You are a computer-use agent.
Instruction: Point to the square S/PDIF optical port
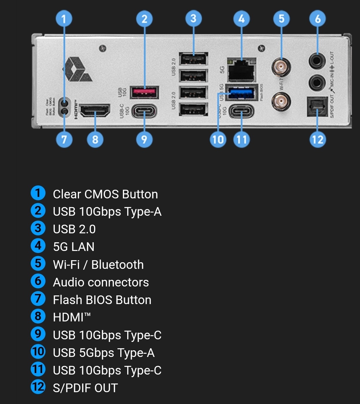point(317,107)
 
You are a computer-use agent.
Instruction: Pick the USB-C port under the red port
point(144,111)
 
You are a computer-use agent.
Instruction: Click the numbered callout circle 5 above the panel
point(281,19)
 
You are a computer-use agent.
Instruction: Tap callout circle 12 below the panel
point(318,139)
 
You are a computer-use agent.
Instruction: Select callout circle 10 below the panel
point(218,139)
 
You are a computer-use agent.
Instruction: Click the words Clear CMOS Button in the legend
point(105,194)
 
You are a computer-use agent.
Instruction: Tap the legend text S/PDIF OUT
point(85,388)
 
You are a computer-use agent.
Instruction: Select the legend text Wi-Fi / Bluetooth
point(98,265)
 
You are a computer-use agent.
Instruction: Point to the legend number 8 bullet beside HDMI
point(38,317)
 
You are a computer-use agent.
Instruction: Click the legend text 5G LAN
point(74,247)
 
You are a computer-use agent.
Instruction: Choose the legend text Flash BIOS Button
point(102,300)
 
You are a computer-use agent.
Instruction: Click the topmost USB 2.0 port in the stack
point(193,59)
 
